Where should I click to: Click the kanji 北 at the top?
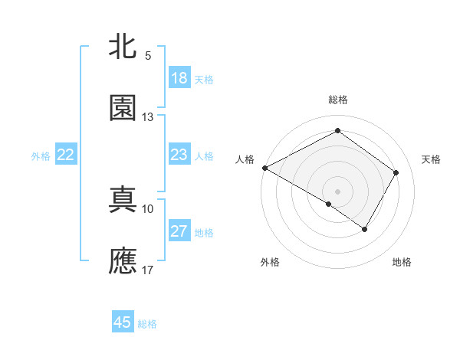(x=123, y=47)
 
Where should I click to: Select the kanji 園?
(x=123, y=108)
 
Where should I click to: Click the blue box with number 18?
(x=179, y=78)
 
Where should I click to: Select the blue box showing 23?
(x=179, y=155)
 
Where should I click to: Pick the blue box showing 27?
(x=179, y=231)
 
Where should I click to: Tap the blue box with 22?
(x=66, y=155)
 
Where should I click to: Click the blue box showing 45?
(x=123, y=322)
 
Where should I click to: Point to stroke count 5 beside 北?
(x=148, y=56)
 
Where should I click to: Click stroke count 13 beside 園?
(x=148, y=117)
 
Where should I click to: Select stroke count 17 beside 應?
(x=148, y=270)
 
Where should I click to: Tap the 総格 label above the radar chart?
(x=337, y=100)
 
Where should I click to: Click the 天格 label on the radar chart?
(x=432, y=159)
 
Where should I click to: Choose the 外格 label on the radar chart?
(x=270, y=262)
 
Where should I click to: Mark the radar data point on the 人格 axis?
(x=264, y=168)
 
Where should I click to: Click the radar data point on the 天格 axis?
(x=396, y=172)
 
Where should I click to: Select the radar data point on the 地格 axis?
(x=365, y=229)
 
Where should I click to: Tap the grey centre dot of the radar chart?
(x=337, y=191)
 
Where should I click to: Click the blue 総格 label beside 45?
(x=148, y=324)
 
